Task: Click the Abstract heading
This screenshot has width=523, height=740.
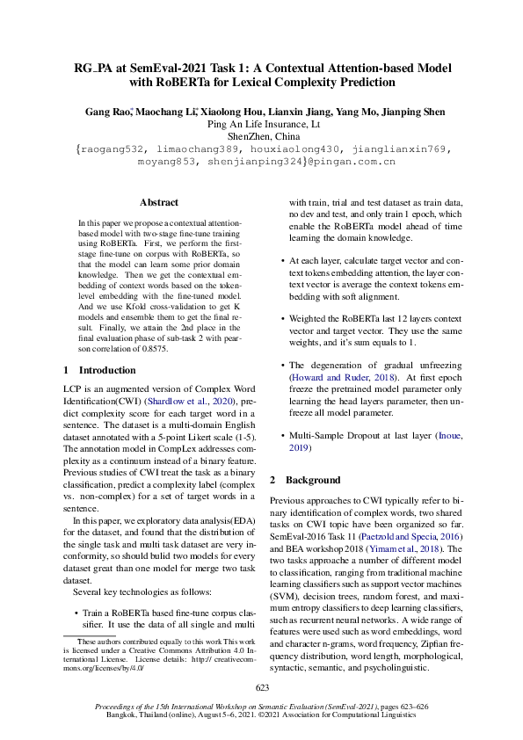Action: pos(159,202)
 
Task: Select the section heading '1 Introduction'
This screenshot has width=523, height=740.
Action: pos(101,370)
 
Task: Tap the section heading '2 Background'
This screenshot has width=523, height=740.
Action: pos(304,481)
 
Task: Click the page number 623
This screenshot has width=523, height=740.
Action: pos(261,687)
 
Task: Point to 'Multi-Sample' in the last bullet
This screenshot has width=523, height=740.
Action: pos(318,437)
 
